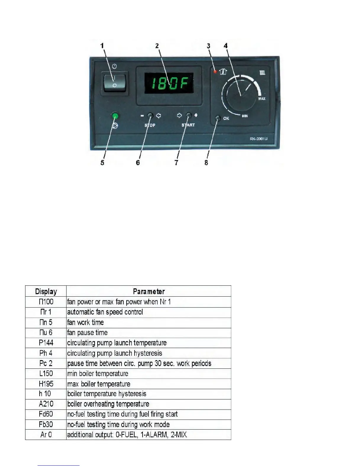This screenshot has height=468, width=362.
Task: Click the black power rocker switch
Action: (114, 83)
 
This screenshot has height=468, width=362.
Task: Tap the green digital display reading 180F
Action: (169, 83)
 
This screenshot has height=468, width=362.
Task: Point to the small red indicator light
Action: (215, 71)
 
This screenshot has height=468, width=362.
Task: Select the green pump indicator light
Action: (115, 116)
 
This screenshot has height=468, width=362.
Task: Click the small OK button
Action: (218, 118)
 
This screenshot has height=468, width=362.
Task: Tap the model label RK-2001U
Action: (258, 139)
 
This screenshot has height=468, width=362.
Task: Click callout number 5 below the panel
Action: (102, 162)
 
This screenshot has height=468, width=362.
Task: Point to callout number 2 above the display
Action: (157, 46)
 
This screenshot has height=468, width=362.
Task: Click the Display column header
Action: (46, 292)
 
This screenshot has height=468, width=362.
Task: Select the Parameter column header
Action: (149, 292)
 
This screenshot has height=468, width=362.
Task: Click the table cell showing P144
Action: (46, 343)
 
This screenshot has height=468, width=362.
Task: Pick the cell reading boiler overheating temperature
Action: (108, 404)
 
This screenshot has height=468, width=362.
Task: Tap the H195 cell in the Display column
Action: (46, 384)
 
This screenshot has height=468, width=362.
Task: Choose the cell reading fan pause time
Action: (88, 333)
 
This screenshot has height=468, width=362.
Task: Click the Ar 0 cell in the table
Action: (46, 435)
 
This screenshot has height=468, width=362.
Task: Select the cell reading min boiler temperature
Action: (98, 373)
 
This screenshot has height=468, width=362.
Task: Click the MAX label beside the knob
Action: (262, 99)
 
